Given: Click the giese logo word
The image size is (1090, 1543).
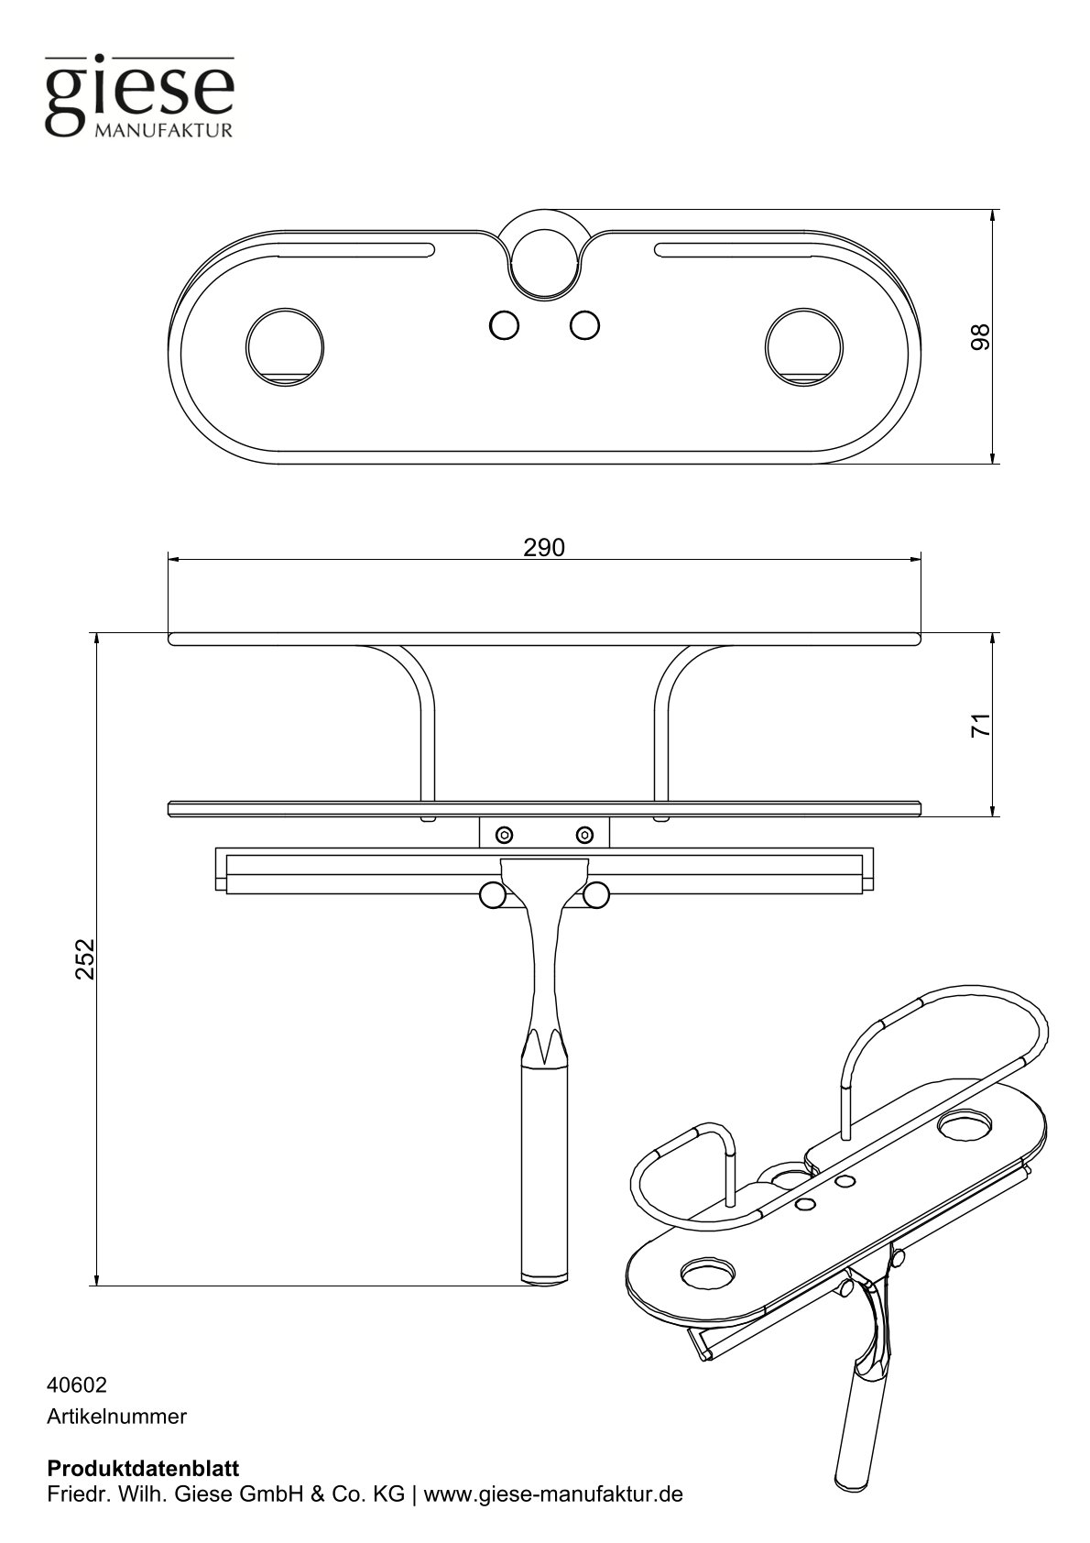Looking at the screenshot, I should pyautogui.click(x=139, y=92).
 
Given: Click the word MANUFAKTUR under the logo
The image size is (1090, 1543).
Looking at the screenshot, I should pyautogui.click(x=164, y=130).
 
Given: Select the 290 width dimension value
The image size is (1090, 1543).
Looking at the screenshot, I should pyautogui.click(x=544, y=547).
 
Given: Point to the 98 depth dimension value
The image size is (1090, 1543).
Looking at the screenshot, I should pyautogui.click(x=980, y=336).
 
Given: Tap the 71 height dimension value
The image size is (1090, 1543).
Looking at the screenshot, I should pyautogui.click(x=980, y=726).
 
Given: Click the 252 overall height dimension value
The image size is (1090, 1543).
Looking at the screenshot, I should pyautogui.click(x=85, y=958).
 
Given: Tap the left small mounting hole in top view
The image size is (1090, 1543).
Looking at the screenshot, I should pyautogui.click(x=504, y=324).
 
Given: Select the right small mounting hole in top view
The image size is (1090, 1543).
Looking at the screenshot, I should pyautogui.click(x=584, y=324).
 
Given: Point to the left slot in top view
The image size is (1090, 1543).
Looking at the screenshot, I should pyautogui.click(x=355, y=250).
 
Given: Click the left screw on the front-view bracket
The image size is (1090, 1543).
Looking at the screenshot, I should pyautogui.click(x=504, y=834).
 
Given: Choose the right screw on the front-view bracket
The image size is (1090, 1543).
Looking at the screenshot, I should pyautogui.click(x=584, y=834).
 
